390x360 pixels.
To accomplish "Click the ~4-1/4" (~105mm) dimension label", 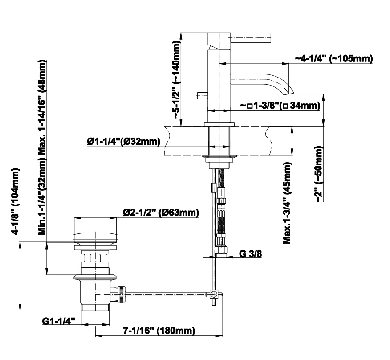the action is coord(334,59).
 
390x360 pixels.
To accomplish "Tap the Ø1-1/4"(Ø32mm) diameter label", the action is coord(124,142).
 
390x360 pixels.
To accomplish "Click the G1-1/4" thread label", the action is coord(59,321).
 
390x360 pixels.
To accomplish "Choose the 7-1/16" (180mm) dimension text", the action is coord(159,331).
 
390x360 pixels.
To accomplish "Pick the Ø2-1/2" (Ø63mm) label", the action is coord(161,213).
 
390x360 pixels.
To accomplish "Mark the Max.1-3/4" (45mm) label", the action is coord(287,203).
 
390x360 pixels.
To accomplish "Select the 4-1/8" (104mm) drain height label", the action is coord(16,202).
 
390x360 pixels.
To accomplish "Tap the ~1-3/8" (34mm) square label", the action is coord(280,106).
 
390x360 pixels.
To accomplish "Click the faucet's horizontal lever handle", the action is coord(251,37).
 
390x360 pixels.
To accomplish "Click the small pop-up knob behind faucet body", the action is coord(202,95).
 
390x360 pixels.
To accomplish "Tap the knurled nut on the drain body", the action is coord(122,294).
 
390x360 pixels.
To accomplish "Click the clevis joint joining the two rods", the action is coord(213,294).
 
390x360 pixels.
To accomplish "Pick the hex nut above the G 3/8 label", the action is coord(221,250).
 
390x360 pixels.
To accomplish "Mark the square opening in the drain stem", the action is coord(95,258).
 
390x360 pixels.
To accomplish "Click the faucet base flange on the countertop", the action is coord(219,124).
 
